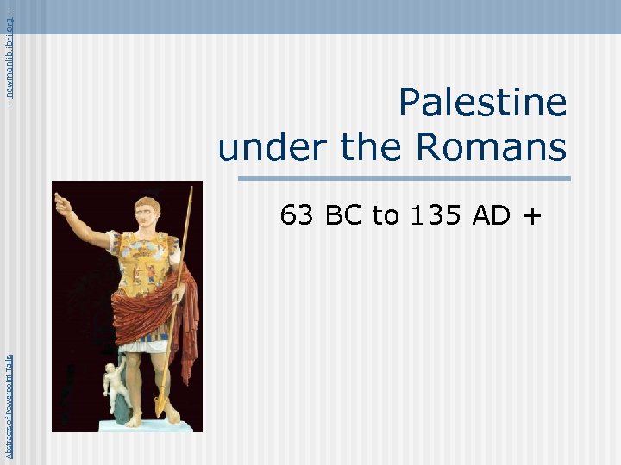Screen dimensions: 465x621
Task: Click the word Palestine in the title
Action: [482, 103]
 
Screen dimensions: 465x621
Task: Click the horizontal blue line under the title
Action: [404, 179]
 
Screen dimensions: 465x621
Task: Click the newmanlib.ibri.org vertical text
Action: [9, 52]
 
